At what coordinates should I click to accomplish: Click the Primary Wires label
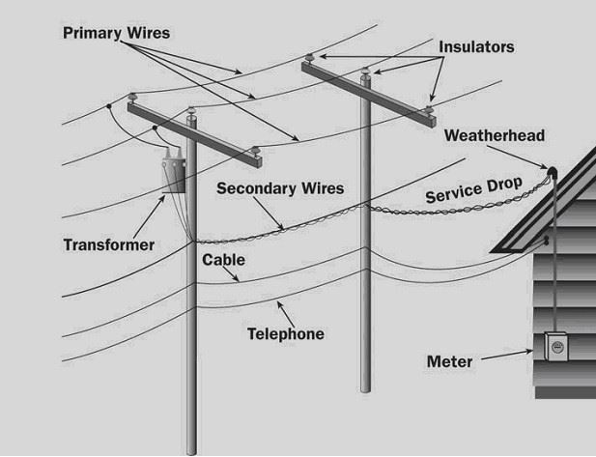pyautogui.click(x=116, y=33)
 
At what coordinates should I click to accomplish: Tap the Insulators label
pyautogui.click(x=476, y=46)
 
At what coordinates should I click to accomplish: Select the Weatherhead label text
pyautogui.click(x=495, y=135)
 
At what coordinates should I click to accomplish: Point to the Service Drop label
pyautogui.click(x=473, y=191)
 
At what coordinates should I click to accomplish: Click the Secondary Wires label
pyautogui.click(x=280, y=187)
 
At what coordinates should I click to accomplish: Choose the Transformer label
pyautogui.click(x=109, y=244)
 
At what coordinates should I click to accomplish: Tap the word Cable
pyautogui.click(x=223, y=260)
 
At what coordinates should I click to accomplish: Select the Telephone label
pyautogui.click(x=285, y=334)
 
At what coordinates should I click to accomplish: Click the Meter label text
pyautogui.click(x=450, y=362)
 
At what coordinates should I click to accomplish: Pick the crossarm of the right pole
pyautogui.click(x=367, y=89)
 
